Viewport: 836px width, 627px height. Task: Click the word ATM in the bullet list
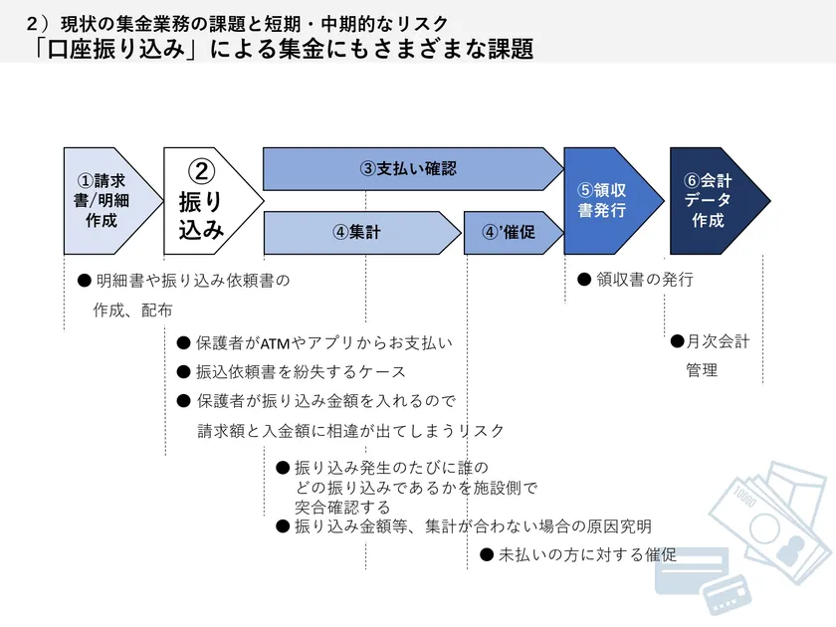(x=275, y=343)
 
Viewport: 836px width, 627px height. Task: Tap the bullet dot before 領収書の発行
(x=584, y=280)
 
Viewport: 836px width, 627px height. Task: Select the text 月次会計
(x=719, y=341)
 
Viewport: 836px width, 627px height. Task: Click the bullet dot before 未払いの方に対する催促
(x=487, y=555)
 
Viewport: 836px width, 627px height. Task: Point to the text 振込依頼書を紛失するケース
(x=301, y=372)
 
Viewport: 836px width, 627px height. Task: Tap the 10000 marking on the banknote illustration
(x=744, y=497)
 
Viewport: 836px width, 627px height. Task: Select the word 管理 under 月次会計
(x=702, y=370)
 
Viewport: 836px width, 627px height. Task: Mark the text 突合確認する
(x=342, y=507)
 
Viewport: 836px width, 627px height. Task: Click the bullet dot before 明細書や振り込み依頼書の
(x=85, y=281)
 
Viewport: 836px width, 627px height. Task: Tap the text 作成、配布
(x=132, y=311)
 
